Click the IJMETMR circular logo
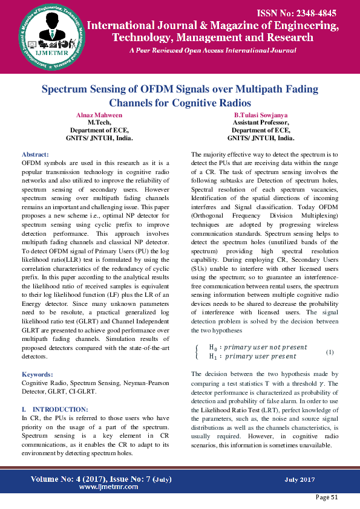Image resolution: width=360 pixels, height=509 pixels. click(x=45, y=35)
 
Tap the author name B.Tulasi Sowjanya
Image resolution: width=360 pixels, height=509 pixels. click(x=261, y=115)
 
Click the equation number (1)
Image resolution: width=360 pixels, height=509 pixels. click(x=330, y=351)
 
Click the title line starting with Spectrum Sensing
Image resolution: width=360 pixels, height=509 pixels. click(x=180, y=89)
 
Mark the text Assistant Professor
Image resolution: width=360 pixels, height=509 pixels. click(x=261, y=122)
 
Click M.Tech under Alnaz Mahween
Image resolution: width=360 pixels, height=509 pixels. click(x=99, y=122)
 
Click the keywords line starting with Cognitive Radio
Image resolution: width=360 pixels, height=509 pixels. click(x=97, y=383)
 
